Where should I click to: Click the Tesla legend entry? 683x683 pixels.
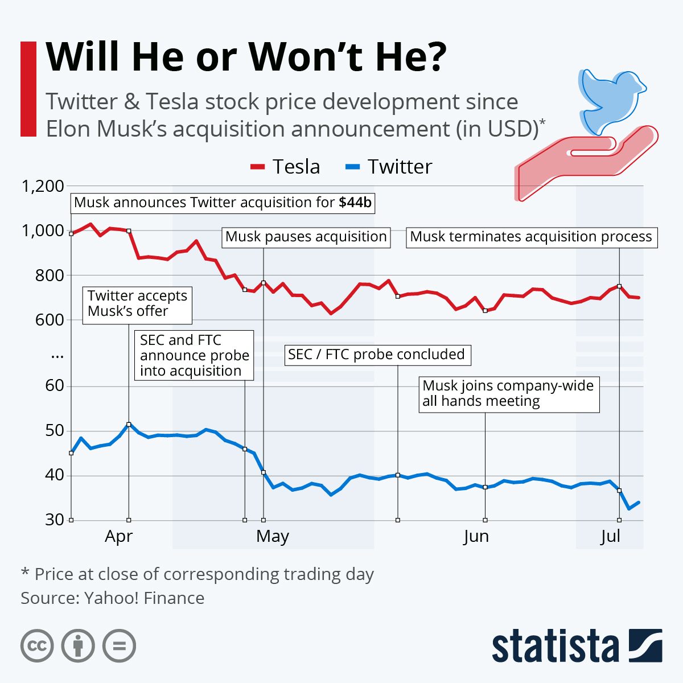[286, 167]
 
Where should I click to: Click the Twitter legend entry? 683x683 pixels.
[389, 167]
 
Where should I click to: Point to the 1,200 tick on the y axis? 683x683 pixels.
[43, 186]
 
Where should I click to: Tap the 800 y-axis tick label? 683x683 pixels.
[50, 275]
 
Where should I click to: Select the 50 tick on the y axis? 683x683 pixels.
[55, 431]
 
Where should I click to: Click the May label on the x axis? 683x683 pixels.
[273, 536]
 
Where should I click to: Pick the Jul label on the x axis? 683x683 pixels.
[610, 536]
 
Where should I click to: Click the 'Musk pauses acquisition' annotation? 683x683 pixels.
[306, 237]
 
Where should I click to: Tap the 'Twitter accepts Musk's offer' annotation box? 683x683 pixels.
[137, 304]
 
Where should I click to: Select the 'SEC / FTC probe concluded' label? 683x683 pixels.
[377, 355]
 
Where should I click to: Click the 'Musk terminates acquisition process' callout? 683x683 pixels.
[531, 237]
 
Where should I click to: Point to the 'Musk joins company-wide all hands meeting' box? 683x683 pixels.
[508, 393]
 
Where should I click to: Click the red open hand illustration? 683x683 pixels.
[586, 162]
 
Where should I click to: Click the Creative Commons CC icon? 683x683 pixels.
[37, 646]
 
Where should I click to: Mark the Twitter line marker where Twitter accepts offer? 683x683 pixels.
[129, 425]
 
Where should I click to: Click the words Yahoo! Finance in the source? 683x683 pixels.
[144, 598]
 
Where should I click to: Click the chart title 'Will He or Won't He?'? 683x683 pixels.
[246, 57]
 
